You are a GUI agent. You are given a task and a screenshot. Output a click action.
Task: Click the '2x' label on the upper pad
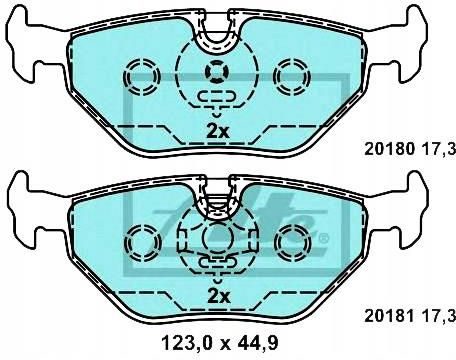click(217, 131)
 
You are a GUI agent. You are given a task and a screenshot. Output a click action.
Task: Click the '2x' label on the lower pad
click(217, 296)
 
